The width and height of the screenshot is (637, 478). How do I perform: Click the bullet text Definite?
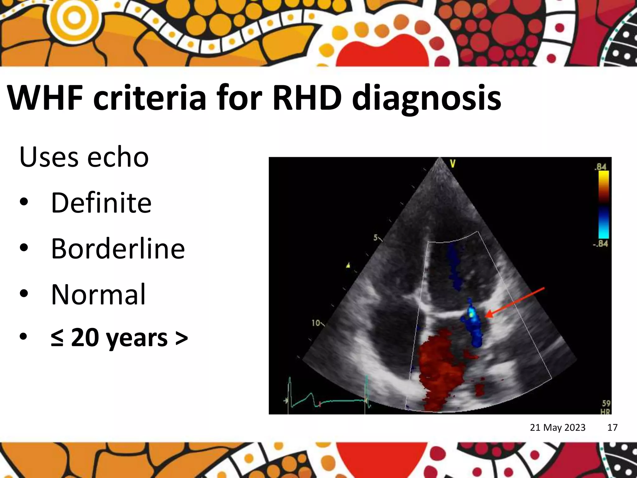point(101,203)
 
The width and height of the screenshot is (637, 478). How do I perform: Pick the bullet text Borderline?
point(118,249)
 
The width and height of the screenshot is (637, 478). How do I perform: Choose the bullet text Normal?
point(98,294)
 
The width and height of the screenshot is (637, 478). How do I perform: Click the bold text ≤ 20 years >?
point(119,338)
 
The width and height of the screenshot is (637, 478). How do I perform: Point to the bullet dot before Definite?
point(24,203)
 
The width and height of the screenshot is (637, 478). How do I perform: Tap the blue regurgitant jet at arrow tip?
point(473,324)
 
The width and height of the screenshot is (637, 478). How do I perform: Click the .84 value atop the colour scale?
point(601,166)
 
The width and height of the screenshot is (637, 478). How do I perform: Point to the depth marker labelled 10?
point(316,323)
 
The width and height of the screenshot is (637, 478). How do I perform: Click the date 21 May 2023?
point(557,427)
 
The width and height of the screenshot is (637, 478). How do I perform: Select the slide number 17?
point(612,427)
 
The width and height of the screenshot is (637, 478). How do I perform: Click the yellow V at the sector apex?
point(453,164)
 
